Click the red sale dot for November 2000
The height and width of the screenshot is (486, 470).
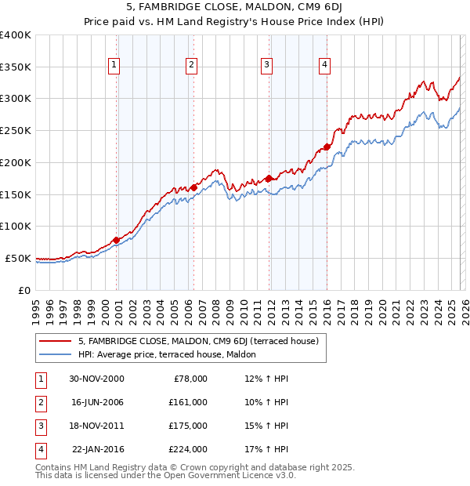116,240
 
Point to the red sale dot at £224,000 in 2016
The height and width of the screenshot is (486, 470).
327,147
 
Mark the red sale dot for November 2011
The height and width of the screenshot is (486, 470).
269,178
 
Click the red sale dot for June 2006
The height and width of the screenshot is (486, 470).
193,187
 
